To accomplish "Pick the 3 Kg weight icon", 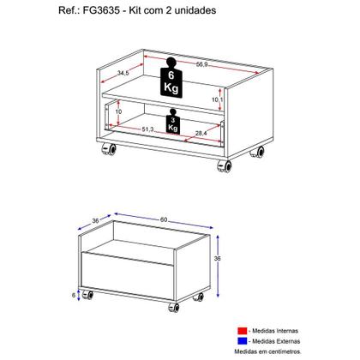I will pos(174,123).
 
